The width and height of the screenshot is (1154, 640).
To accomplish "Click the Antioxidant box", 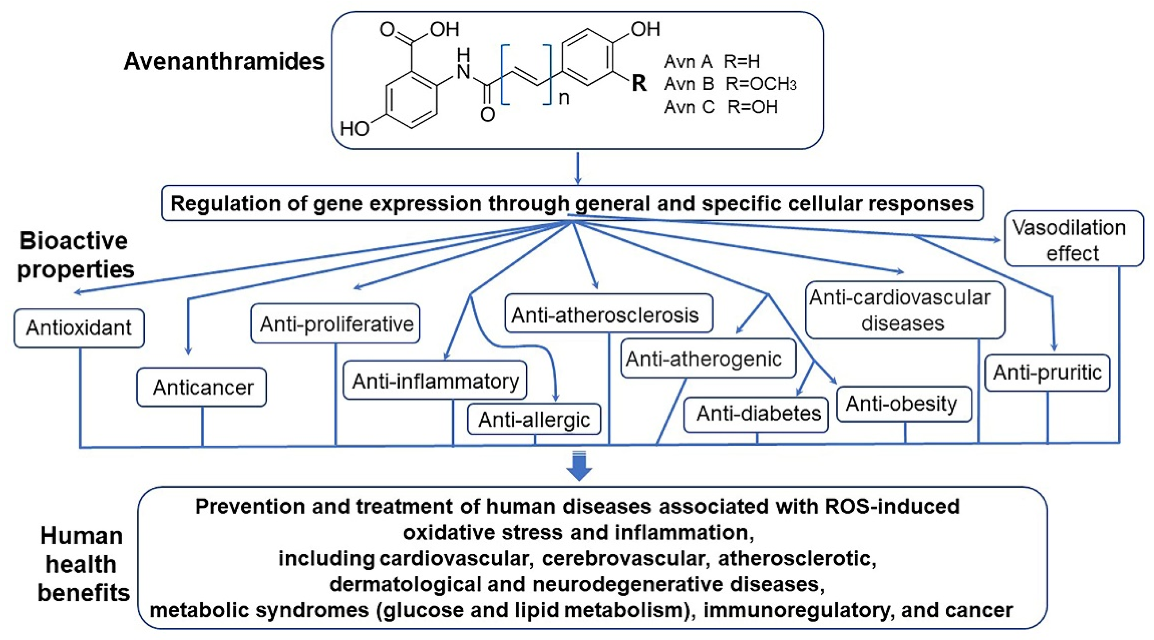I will tap(79, 328).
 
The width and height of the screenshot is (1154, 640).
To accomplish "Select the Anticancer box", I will tap(202, 387).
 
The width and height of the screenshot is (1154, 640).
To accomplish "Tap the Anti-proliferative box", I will tap(336, 324).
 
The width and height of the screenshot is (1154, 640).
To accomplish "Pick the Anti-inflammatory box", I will tap(435, 380).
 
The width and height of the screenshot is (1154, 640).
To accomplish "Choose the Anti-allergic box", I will tap(534, 419).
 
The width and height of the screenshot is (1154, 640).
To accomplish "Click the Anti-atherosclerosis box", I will tap(608, 314).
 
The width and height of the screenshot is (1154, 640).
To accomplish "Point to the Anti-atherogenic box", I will tap(708, 358).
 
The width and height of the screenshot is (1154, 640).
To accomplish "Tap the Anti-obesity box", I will tap(904, 404).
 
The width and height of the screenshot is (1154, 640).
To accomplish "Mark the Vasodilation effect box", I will tap(1073, 240).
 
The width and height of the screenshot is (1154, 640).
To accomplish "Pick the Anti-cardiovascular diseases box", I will tap(905, 310).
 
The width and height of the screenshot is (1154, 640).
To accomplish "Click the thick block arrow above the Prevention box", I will tap(579, 467).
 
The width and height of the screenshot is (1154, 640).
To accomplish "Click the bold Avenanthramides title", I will tap(224, 61).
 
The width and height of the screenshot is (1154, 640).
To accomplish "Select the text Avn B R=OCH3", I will tap(730, 84).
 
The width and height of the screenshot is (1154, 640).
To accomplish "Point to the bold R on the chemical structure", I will tap(639, 83).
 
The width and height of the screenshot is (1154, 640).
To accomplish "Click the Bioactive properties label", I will tap(75, 255).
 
